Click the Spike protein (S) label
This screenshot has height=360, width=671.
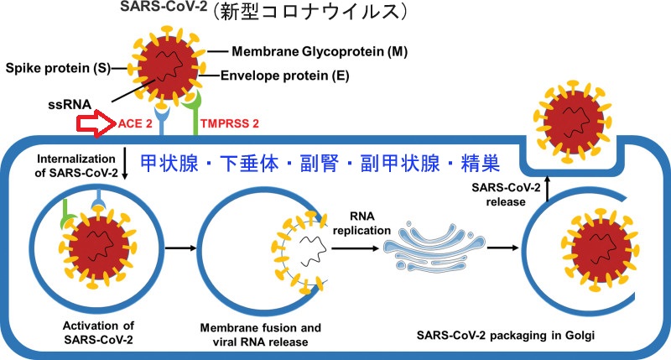52,66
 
